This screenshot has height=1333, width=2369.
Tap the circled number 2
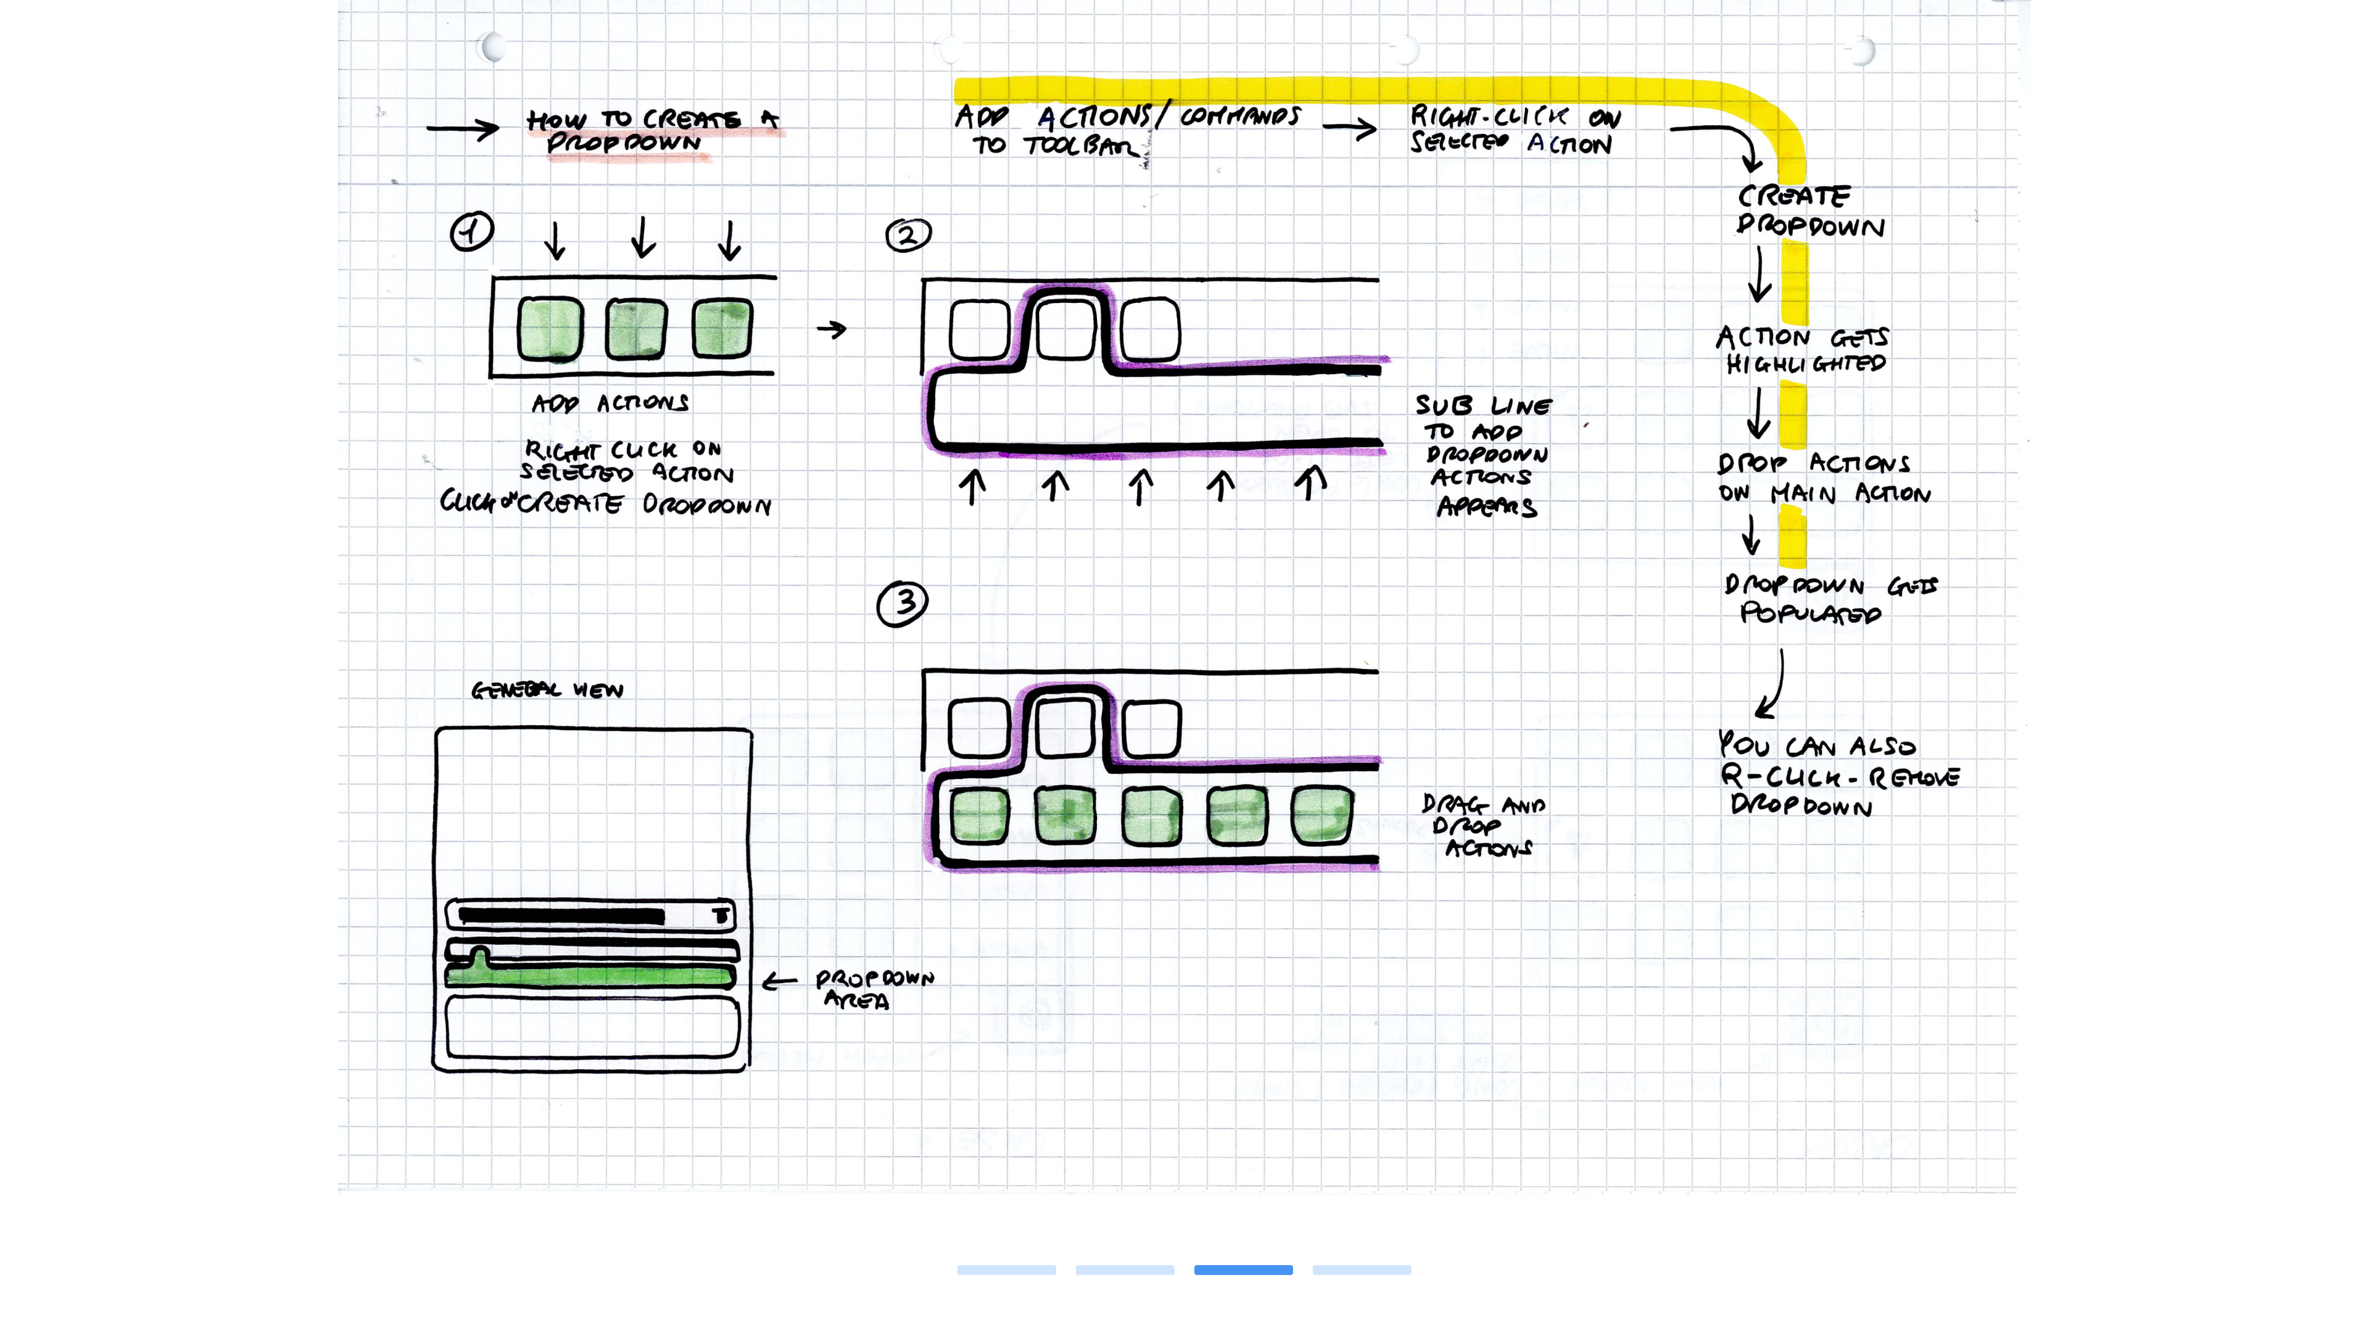[x=907, y=236]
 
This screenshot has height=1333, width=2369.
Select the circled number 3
[x=902, y=604]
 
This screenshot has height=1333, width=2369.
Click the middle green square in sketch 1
[x=635, y=328]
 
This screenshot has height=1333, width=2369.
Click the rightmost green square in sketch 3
[x=1321, y=815]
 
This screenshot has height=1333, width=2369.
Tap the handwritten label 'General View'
[x=547, y=690]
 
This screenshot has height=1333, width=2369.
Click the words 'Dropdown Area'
[x=873, y=989]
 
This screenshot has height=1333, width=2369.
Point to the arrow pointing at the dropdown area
[x=779, y=982]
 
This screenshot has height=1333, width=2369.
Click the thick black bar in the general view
[x=561, y=915]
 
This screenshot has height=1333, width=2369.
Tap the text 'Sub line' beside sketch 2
[x=1483, y=405]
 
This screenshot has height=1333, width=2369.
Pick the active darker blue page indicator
[x=1242, y=1269]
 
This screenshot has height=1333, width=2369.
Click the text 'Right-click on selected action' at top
[x=1514, y=130]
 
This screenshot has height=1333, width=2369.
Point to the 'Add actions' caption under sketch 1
[x=610, y=403]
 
